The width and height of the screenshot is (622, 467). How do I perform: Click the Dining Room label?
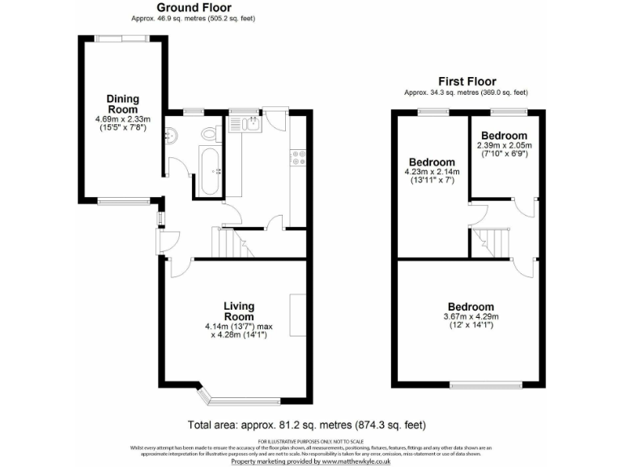(x=122, y=104)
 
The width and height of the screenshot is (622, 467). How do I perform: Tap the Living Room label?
(x=239, y=311)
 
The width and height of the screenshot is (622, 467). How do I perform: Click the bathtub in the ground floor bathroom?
(x=210, y=170)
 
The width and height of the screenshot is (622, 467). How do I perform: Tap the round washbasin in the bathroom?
(x=172, y=135)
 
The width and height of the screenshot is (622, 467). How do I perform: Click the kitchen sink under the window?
(x=245, y=123)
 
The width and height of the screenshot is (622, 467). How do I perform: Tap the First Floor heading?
(x=466, y=81)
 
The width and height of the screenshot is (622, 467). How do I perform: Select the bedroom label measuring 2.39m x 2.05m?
(x=504, y=135)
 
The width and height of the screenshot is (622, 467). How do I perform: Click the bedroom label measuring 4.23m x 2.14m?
(x=432, y=161)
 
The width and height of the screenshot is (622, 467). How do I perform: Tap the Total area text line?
(x=307, y=425)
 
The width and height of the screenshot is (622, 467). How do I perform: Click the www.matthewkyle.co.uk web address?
(x=356, y=461)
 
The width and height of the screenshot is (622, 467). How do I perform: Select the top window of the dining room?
(x=122, y=38)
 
